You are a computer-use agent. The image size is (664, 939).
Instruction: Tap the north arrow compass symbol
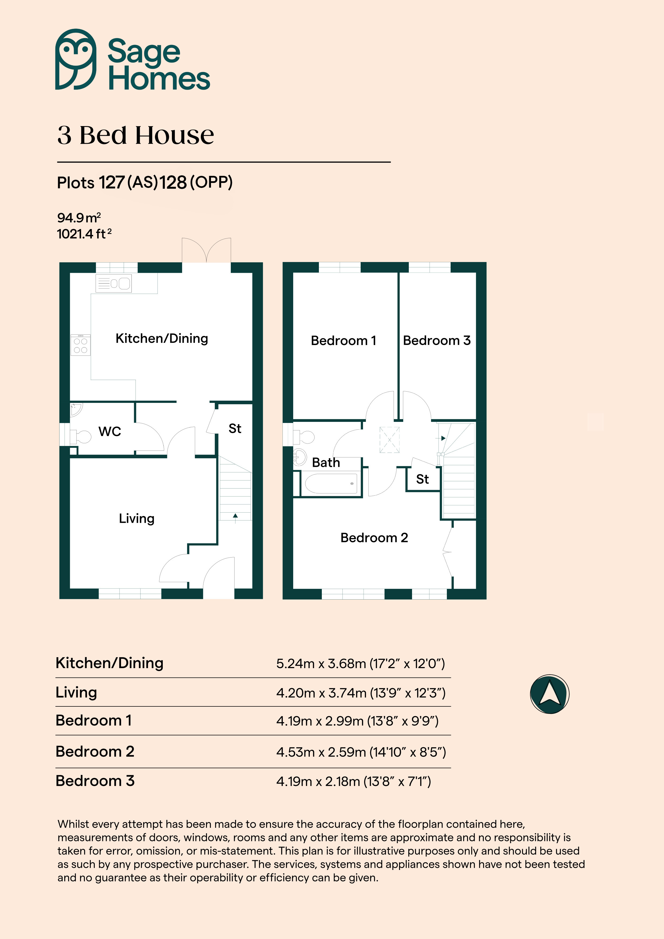pyautogui.click(x=549, y=694)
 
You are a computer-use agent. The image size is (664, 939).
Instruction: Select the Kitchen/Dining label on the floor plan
pyautogui.click(x=162, y=338)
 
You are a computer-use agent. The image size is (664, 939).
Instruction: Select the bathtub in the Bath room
pyautogui.click(x=331, y=484)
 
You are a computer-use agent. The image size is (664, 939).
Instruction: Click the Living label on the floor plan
pyautogui.click(x=137, y=518)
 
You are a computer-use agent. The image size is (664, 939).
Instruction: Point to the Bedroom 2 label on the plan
pyautogui.click(x=374, y=537)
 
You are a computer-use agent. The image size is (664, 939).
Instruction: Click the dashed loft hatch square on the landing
pyautogui.click(x=390, y=440)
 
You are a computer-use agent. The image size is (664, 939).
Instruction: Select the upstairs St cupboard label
pyautogui.click(x=422, y=479)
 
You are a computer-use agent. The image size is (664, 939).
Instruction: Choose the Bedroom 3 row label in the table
pyautogui.click(x=95, y=781)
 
